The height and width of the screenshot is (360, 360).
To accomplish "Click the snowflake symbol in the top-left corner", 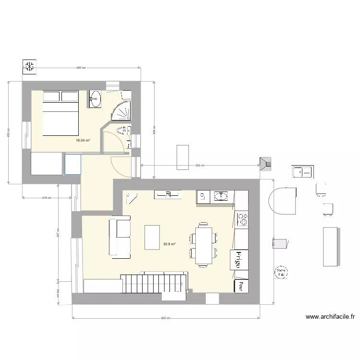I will [x=29, y=67].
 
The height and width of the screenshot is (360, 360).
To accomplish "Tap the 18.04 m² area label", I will [x=83, y=141].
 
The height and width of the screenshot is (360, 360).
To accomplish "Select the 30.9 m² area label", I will [x=169, y=244].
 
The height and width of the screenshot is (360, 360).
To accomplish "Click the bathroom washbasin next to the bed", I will [x=95, y=99].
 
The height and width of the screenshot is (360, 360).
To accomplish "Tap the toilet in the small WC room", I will [x=123, y=131].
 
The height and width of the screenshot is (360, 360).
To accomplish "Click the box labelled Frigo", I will [x=238, y=260].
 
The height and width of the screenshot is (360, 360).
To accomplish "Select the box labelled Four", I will [x=238, y=286].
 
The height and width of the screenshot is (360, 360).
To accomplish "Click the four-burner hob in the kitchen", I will [x=243, y=219].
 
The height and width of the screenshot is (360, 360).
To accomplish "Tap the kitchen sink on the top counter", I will [x=220, y=195].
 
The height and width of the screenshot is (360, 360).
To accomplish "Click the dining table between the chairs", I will [x=204, y=245].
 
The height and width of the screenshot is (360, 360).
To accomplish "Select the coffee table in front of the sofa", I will [x=152, y=237].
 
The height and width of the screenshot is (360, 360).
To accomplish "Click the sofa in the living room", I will [x=120, y=236].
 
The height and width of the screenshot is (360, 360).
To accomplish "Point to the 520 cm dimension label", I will [x=81, y=68].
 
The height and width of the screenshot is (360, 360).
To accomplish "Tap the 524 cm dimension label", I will [x=200, y=166].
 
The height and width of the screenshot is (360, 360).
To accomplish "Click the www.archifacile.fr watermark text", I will [x=330, y=317].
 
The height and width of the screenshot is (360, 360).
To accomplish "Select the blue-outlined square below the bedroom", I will [x=73, y=164].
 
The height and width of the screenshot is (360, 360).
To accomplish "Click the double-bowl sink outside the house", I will [x=302, y=171].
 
